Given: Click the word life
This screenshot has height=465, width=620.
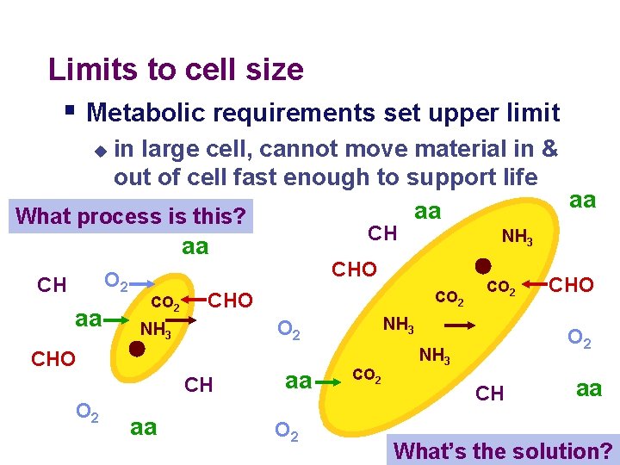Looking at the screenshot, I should [x=513, y=177].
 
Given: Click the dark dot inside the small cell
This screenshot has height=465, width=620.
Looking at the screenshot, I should [x=136, y=349].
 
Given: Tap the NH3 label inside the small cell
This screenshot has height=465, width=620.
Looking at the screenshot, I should [x=155, y=329].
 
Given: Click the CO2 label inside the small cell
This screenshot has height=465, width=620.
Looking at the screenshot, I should [x=164, y=302].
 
